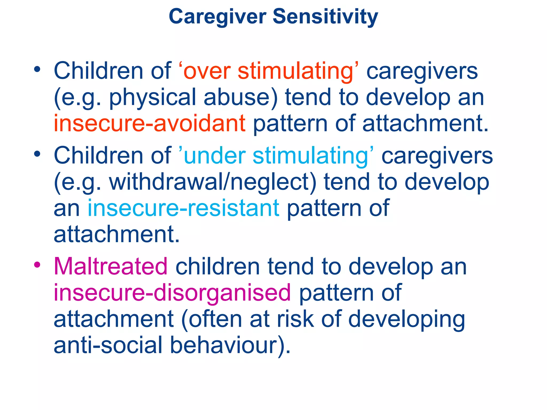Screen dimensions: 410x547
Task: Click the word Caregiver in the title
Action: point(218,17)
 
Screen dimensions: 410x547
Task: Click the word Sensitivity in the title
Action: point(325,17)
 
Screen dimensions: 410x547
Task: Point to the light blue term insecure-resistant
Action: point(183,208)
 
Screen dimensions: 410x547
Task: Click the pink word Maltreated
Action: point(111,266)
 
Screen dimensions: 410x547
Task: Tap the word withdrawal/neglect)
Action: point(213,182)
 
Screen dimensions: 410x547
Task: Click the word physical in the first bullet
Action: point(153,98)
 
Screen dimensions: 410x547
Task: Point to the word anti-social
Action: point(108,345)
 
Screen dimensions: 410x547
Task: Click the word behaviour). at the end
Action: point(230,345)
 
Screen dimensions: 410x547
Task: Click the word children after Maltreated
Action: point(218,266)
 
